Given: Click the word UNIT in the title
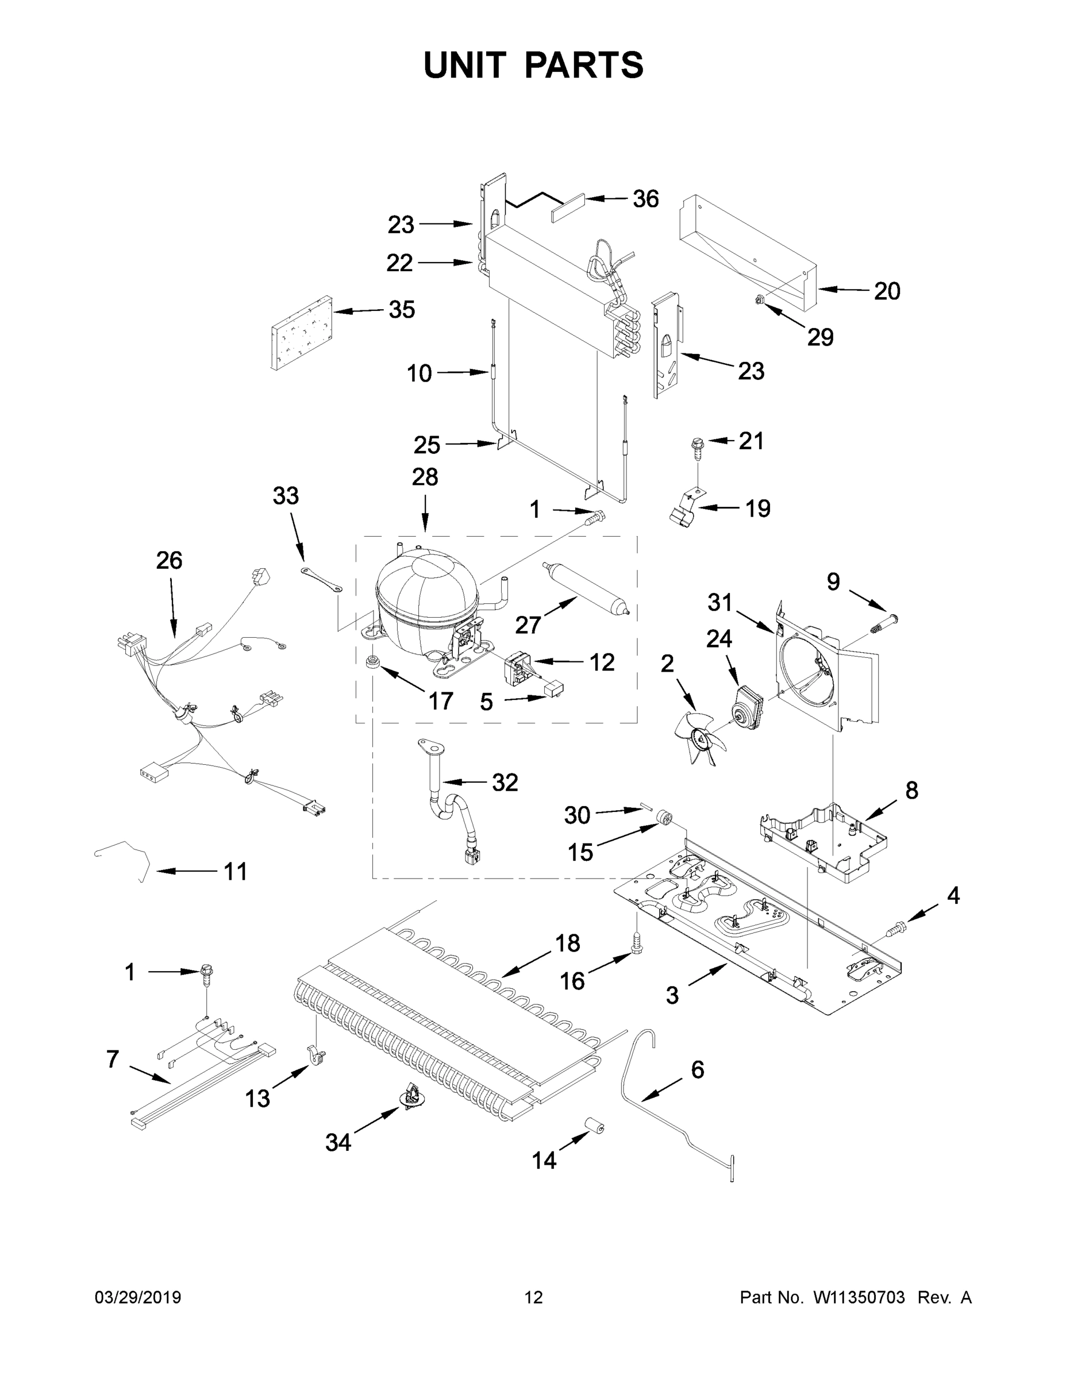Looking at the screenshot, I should click(x=465, y=65).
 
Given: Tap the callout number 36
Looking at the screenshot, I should click(x=645, y=199).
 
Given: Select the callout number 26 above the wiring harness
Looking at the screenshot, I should click(x=170, y=560).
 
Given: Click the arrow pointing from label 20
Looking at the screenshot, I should click(x=843, y=290).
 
